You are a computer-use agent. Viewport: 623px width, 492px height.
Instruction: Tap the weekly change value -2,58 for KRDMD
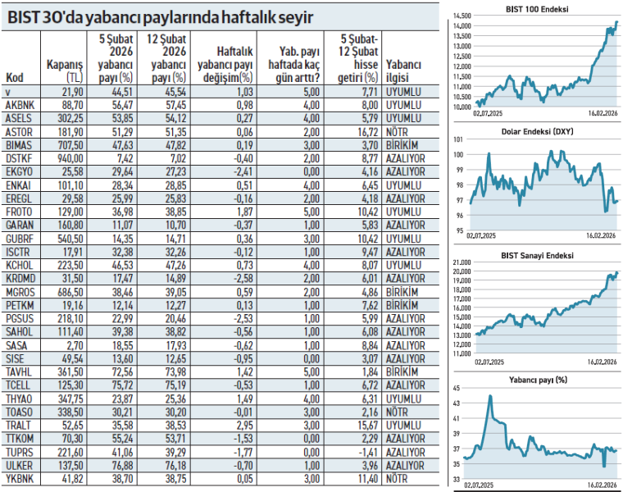coord(236,277)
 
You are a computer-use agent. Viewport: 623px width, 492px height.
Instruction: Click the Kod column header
coord(14,79)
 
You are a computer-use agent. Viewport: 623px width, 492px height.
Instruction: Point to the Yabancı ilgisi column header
coord(403,71)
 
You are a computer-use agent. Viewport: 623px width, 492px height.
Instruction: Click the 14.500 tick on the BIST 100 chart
coord(462,16)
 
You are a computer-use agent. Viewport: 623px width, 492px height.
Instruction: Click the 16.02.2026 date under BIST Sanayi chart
coord(602,362)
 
